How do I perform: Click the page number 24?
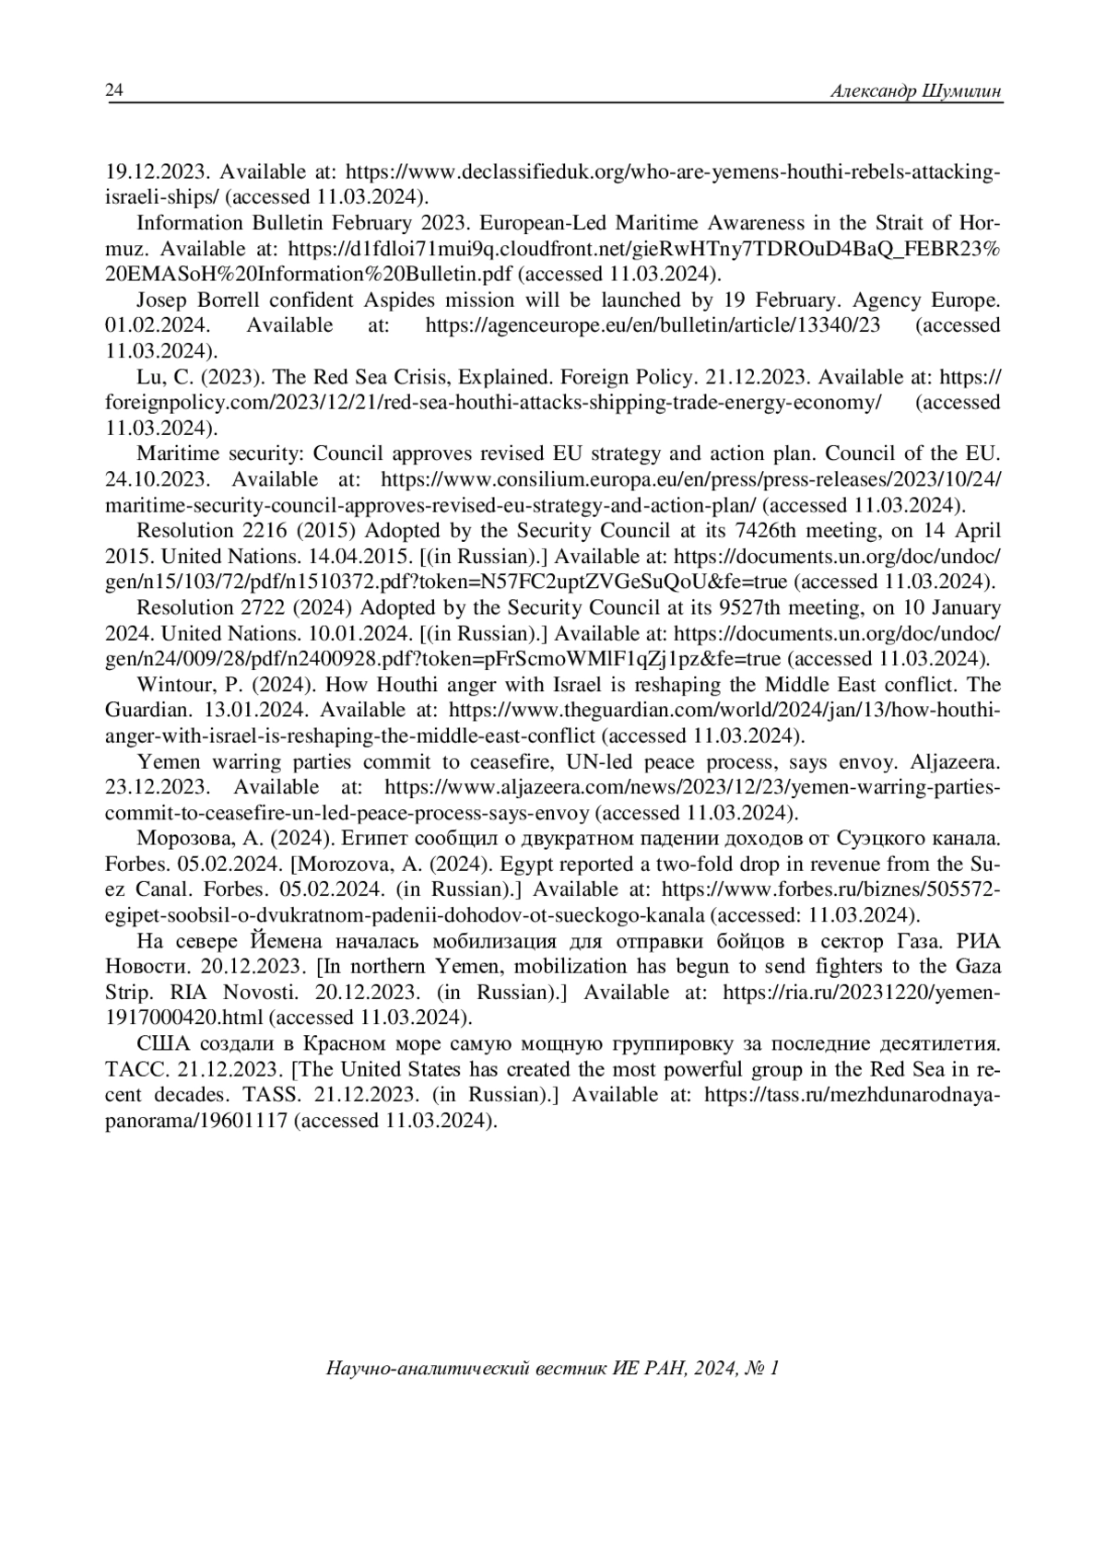point(114,90)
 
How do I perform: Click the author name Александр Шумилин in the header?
point(915,90)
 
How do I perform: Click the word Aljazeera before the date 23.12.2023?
point(955,762)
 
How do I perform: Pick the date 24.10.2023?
point(158,480)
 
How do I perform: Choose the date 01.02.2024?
point(158,325)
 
